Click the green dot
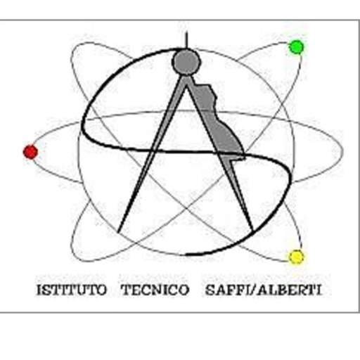296,47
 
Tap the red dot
30,152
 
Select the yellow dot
296,257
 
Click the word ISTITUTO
72,290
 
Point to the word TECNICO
155,290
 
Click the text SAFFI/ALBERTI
263,290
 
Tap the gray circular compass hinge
186,61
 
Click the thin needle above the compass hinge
186,40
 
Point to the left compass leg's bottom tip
119,232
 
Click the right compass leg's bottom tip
252,231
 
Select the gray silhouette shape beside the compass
218,122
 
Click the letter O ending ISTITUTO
101,290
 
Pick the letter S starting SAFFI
210,290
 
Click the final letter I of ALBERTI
319,290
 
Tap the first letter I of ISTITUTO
39,290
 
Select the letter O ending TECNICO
184,290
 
